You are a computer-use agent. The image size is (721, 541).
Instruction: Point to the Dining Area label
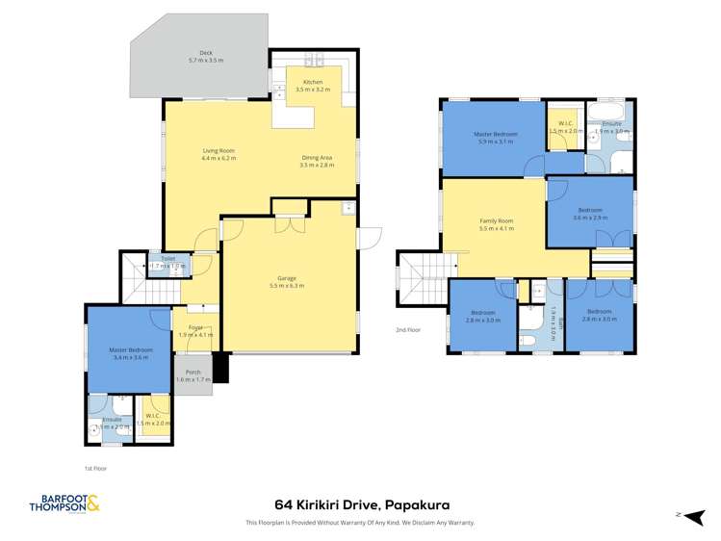pyautogui.click(x=317, y=162)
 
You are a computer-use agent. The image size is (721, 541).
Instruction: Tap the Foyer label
pyautogui.click(x=195, y=330)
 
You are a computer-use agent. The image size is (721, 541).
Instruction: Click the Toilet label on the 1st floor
pyautogui.click(x=167, y=260)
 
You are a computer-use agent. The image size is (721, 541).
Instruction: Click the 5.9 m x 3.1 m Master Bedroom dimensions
pyautogui.click(x=496, y=142)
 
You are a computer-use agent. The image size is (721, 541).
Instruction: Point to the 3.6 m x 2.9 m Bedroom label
pyautogui.click(x=590, y=214)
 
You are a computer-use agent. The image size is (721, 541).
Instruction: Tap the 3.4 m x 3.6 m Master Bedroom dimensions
pyautogui.click(x=129, y=357)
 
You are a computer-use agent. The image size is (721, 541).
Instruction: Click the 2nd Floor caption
pyautogui.click(x=408, y=329)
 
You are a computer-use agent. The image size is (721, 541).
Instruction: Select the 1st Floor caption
pyautogui.click(x=96, y=468)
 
